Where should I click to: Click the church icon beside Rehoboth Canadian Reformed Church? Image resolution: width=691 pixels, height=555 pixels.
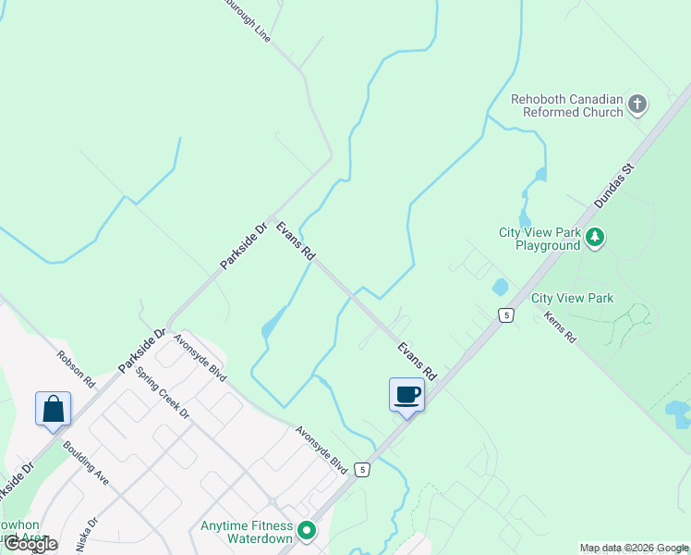(637, 105)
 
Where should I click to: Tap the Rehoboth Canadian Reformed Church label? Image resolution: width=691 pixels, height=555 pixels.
(567, 105)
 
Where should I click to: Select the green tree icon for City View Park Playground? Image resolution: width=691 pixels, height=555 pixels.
(596, 238)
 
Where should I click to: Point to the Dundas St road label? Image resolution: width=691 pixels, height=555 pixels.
(617, 186)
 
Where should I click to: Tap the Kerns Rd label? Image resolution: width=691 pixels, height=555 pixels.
(560, 327)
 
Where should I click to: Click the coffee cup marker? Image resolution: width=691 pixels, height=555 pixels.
(407, 396)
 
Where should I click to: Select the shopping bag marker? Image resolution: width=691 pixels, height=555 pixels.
(54, 410)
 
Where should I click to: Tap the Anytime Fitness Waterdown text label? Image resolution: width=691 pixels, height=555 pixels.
(247, 532)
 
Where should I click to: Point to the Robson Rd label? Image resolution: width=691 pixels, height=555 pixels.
(76, 368)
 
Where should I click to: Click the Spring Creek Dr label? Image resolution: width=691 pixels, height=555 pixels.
(161, 391)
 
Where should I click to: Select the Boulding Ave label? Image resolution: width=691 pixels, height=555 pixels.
(86, 462)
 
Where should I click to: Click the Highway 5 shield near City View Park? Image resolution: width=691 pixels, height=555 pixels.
(506, 315)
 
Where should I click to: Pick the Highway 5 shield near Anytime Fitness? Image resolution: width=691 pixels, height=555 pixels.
(364, 470)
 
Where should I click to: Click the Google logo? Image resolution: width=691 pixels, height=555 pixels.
(30, 543)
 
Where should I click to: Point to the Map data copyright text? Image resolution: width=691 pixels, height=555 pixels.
(634, 548)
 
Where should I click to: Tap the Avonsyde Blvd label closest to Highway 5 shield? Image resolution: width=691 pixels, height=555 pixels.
(321, 450)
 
